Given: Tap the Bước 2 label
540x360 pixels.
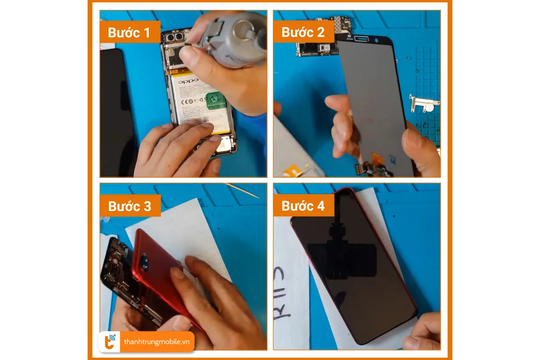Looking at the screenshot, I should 302,32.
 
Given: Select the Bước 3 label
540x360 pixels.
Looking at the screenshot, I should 130,206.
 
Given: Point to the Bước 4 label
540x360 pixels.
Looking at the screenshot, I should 302,206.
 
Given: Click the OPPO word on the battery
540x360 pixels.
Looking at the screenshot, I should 188,82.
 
